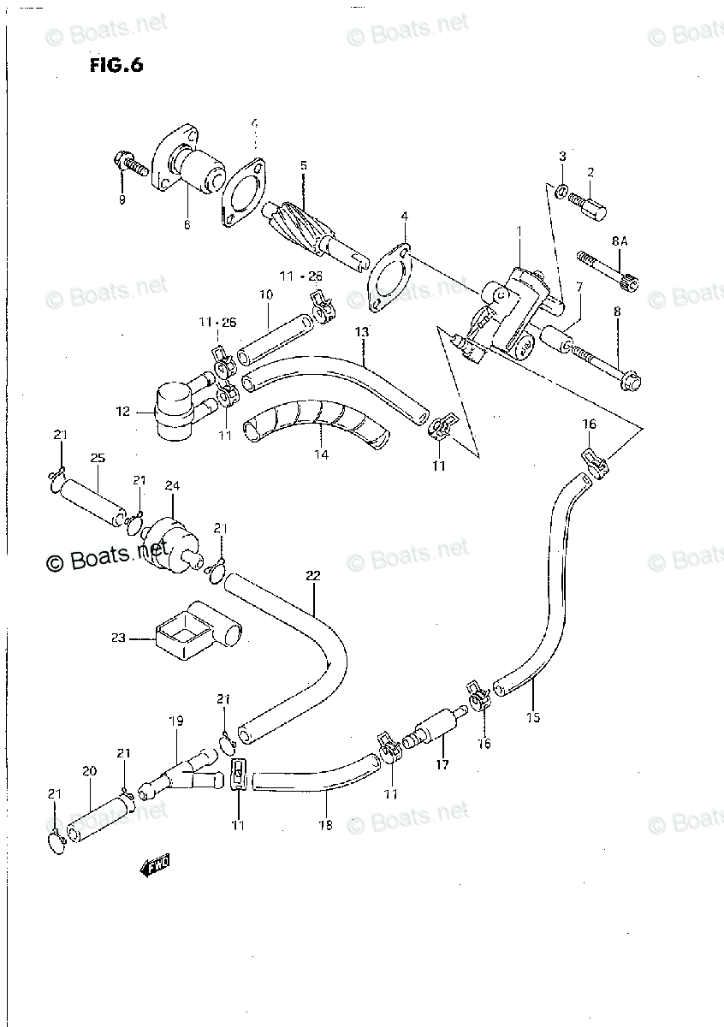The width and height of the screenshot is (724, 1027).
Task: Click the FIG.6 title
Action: [x=115, y=66]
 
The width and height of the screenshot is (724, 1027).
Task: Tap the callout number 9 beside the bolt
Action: [x=122, y=199]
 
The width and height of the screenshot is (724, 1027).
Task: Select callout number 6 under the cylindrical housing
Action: [x=187, y=225]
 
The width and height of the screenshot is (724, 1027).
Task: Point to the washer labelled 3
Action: [x=561, y=190]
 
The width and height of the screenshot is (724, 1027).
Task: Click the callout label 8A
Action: [x=620, y=242]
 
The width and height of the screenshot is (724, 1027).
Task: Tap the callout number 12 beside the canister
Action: [x=122, y=412]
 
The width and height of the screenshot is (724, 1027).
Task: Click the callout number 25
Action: [x=98, y=459]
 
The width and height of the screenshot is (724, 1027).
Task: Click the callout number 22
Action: [x=312, y=576]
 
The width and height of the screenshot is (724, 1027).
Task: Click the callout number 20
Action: [x=90, y=770]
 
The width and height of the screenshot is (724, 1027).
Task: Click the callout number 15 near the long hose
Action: [x=533, y=717]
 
